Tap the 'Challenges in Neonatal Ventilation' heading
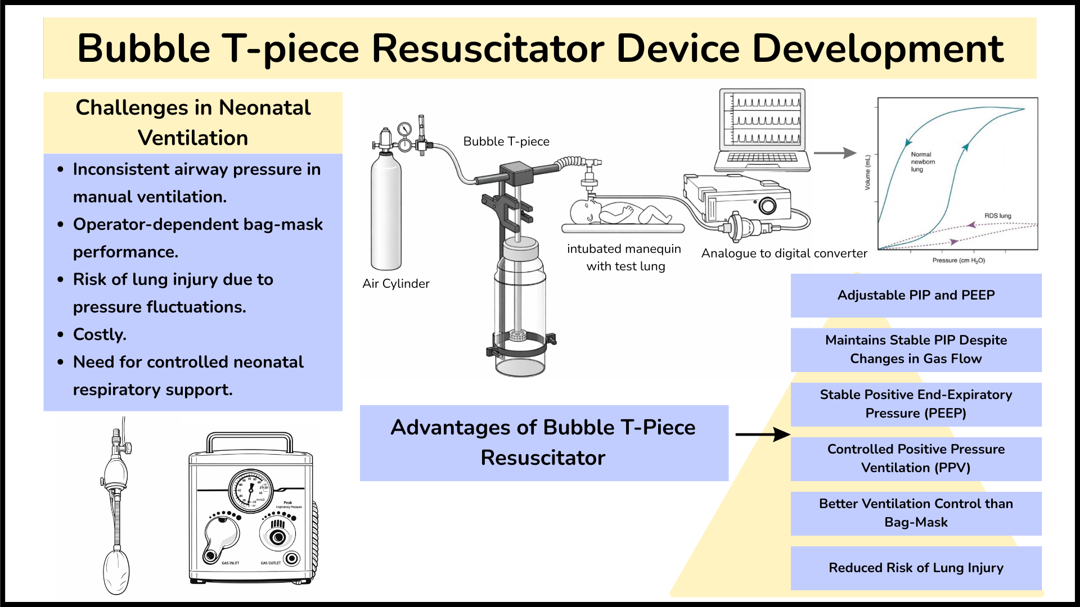pyautogui.click(x=193, y=123)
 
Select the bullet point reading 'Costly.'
pyautogui.click(x=100, y=334)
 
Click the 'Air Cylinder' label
pyautogui.click(x=396, y=284)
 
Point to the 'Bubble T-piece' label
pyautogui.click(x=506, y=142)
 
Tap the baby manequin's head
pyautogui.click(x=583, y=211)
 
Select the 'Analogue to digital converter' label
pyautogui.click(x=784, y=253)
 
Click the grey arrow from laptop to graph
pyautogui.click(x=835, y=153)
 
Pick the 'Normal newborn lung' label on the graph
pyautogui.click(x=922, y=162)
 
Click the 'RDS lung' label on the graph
pyautogui.click(x=997, y=216)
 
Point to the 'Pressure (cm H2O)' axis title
pyautogui.click(x=958, y=261)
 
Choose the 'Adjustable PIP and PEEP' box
pyautogui.click(x=916, y=296)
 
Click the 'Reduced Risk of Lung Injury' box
pyautogui.click(x=916, y=568)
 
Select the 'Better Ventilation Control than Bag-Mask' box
pyautogui.click(x=916, y=513)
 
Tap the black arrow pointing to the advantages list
pyautogui.click(x=762, y=434)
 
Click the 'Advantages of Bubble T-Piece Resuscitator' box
pyautogui.click(x=543, y=443)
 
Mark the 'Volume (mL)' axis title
pyautogui.click(x=868, y=172)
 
